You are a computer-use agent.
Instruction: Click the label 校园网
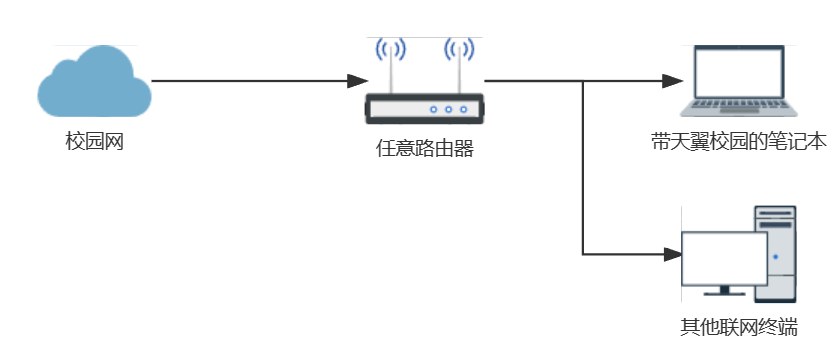(x=94, y=141)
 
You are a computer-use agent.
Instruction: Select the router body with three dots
(x=424, y=107)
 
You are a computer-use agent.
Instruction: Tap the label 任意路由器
(x=424, y=150)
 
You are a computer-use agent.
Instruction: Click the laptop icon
(x=737, y=83)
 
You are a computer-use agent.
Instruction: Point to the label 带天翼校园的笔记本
(x=737, y=141)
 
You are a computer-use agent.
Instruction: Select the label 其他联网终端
(x=738, y=328)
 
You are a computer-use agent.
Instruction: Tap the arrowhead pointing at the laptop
(x=669, y=81)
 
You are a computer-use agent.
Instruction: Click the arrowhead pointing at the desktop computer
(x=669, y=253)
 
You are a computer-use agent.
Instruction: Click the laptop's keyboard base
(x=737, y=106)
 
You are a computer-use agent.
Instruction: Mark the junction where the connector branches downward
(x=583, y=81)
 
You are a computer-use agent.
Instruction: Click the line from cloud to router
(x=250, y=81)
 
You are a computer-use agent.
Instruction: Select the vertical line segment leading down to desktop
(x=583, y=170)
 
